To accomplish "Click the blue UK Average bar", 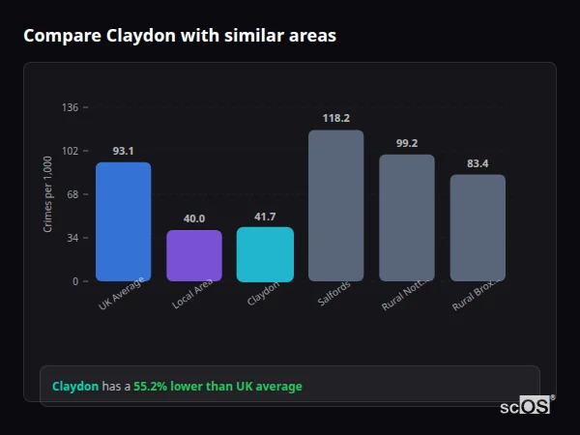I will coord(123,221).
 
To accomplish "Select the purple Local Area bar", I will coord(194,255).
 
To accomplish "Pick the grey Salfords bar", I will coord(335,205).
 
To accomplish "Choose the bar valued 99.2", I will coord(406,217).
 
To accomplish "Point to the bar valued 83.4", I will coord(478,227).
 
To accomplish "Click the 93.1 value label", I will coord(123,151).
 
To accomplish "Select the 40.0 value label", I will coord(194,218).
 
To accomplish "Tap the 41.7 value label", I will coord(265,217).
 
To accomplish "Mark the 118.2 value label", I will coord(335,118).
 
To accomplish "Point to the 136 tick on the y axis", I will coord(71,107).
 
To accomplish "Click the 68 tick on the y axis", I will coord(73,194).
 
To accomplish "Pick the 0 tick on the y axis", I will coord(76,281).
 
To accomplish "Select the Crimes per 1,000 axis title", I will coord(48,194).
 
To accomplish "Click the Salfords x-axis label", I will coord(334,294).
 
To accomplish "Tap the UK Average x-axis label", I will coord(121,295).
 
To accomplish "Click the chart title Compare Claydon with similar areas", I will coord(180,36).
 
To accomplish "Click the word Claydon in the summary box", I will coord(75,386).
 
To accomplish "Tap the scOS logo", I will coord(526,406).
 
